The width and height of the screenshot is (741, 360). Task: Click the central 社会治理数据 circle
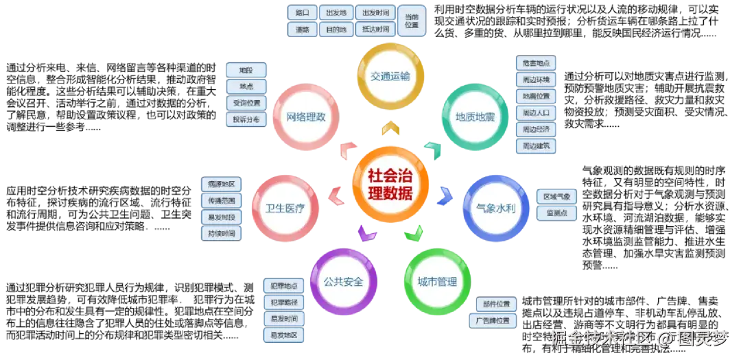click(x=391, y=184)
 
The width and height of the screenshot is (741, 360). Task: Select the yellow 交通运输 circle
click(x=390, y=76)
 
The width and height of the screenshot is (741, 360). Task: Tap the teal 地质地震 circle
click(x=475, y=117)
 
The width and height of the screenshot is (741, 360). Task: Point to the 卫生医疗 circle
click(x=285, y=208)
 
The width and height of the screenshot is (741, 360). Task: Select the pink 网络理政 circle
click(x=305, y=117)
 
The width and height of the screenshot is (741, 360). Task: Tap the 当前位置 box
click(x=412, y=21)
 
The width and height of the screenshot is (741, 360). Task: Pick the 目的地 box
click(x=336, y=29)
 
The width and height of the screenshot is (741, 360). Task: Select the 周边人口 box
click(x=536, y=112)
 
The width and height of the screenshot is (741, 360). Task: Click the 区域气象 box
click(x=556, y=196)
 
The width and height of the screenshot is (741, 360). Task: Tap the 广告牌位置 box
click(x=493, y=321)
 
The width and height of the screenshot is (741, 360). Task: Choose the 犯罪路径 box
click(x=283, y=302)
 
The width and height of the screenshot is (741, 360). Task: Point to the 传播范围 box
click(x=222, y=201)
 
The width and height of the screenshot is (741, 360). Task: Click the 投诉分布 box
click(x=246, y=119)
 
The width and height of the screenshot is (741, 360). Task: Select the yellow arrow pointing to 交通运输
click(x=390, y=128)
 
